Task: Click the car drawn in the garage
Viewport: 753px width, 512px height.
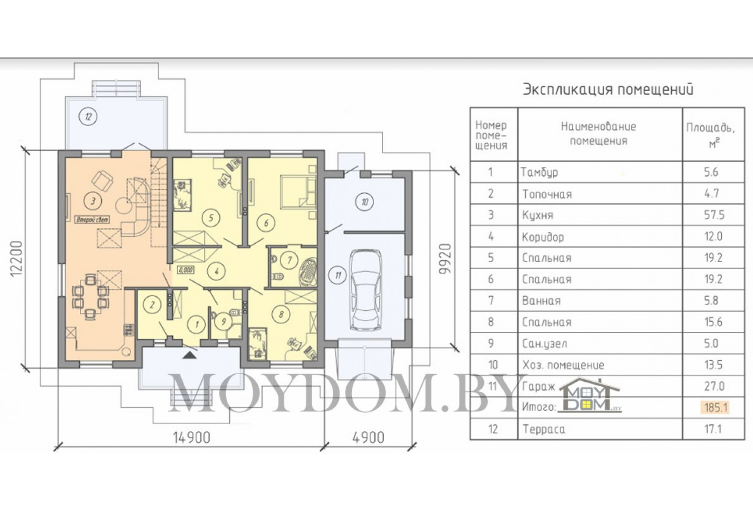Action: coord(365,289)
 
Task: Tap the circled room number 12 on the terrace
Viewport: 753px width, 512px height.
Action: coord(88,116)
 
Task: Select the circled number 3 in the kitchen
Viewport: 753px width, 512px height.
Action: coord(93,201)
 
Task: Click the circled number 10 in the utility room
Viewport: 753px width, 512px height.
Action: coord(365,202)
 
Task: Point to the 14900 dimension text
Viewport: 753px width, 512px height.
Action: coord(192,437)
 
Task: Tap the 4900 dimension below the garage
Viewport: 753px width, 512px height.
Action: coord(369,437)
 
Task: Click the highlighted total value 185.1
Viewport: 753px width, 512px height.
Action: coord(715,407)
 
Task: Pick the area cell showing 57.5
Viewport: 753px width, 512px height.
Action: coord(714,215)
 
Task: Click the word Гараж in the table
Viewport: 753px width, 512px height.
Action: coord(539,387)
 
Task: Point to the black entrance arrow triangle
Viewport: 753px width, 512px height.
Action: coord(190,355)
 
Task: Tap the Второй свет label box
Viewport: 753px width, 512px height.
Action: coord(93,220)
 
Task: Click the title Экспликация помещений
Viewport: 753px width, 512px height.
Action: coord(608,90)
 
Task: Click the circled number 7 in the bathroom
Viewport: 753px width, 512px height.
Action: coord(289,260)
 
